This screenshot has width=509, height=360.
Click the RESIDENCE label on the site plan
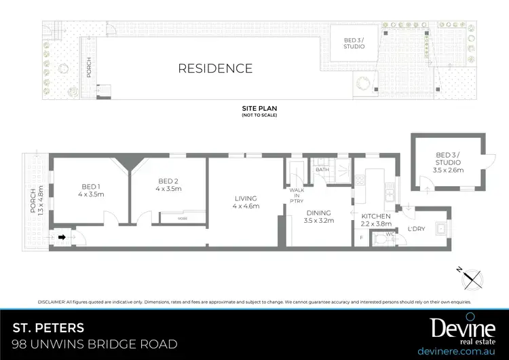[x=215, y=68]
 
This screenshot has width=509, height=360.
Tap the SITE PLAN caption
[x=259, y=109]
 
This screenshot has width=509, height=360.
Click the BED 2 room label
[x=168, y=185]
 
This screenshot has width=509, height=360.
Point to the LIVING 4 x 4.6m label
[x=246, y=202]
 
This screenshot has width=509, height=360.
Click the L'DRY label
[x=417, y=229]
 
